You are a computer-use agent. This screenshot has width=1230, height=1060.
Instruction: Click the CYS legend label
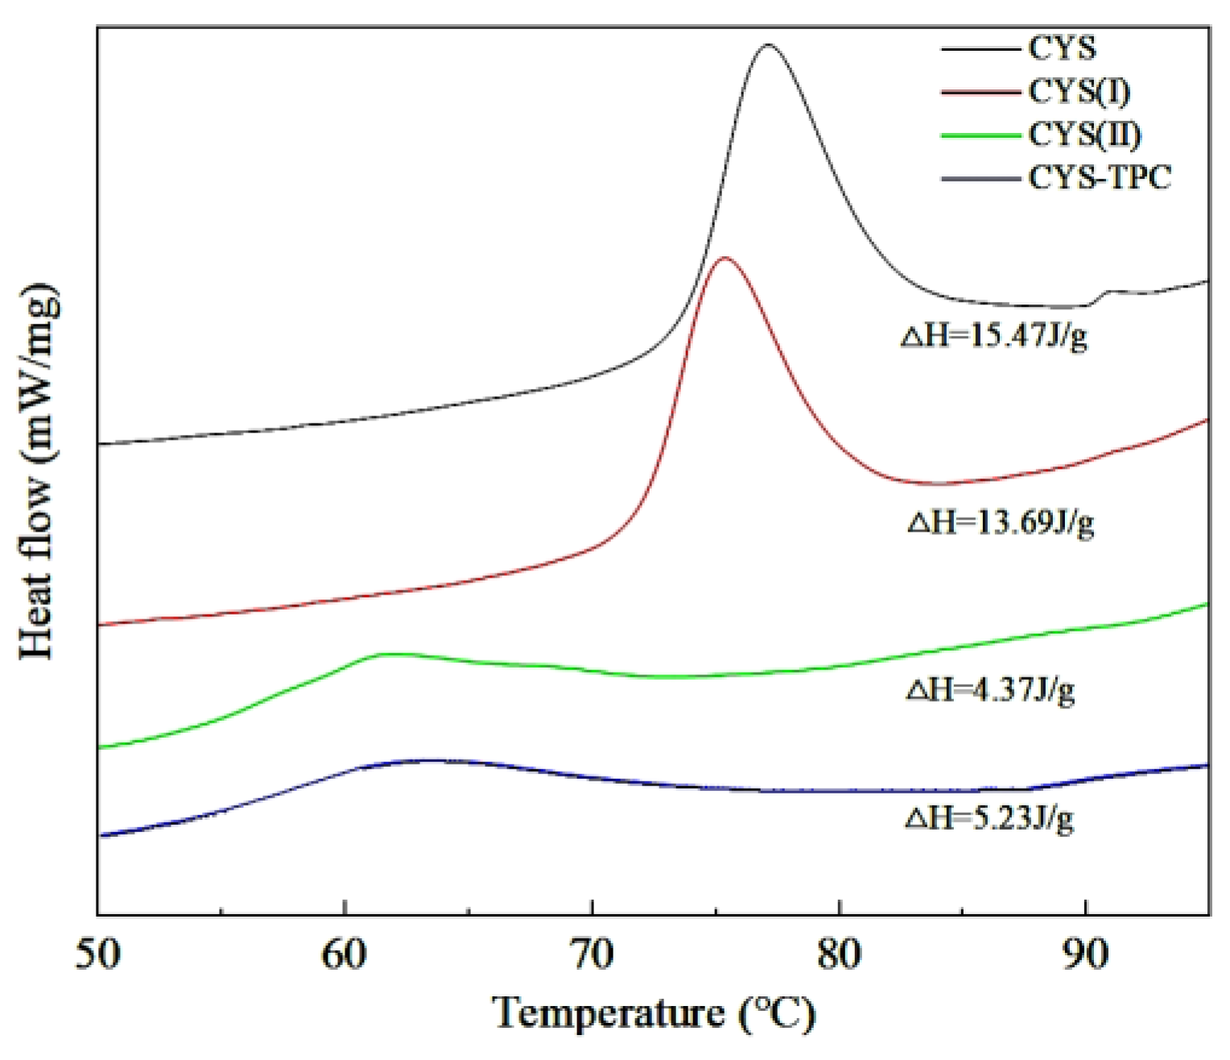[x=1062, y=49]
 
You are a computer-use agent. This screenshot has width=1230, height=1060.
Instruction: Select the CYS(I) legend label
[x=1079, y=92]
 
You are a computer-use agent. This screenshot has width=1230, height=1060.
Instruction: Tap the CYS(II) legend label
[x=1084, y=135]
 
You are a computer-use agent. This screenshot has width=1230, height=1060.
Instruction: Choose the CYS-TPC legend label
[x=1100, y=177]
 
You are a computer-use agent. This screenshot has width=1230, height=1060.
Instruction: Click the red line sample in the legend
[x=981, y=93]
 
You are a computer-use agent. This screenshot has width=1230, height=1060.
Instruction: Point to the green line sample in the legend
[x=981, y=135]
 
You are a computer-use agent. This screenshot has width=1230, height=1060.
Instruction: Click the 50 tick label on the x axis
[x=98, y=954]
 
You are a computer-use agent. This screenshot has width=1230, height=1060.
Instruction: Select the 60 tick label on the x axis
[x=345, y=954]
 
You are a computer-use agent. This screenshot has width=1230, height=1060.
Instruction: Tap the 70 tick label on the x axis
[x=592, y=954]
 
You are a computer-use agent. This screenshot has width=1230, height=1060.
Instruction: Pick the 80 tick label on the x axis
[x=839, y=954]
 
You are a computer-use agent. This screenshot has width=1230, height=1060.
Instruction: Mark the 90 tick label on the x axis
[x=1086, y=954]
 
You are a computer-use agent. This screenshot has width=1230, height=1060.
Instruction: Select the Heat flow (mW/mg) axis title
[x=39, y=471]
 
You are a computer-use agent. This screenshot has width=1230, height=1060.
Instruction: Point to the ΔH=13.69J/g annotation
[x=1001, y=524]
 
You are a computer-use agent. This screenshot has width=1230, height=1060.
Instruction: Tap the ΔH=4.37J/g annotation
[x=990, y=690]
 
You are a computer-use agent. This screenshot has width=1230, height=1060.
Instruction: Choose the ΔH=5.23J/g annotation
[x=989, y=818]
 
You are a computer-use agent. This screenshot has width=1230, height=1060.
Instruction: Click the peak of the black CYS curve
[x=767, y=45]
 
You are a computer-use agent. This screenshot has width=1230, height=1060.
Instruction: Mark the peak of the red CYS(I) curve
[x=724, y=258]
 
